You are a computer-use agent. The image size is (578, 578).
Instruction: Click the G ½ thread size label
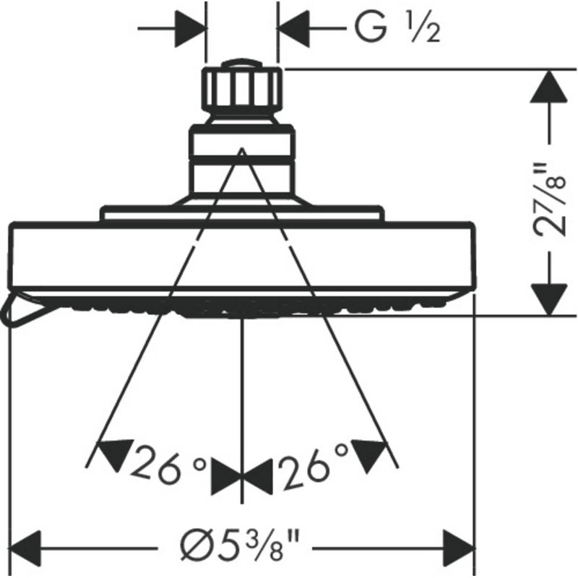[397, 28]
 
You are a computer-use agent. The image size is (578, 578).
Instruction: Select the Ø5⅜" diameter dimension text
[240, 548]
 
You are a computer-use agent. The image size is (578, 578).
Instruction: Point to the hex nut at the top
[242, 88]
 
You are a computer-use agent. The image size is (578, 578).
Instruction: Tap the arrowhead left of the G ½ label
[294, 28]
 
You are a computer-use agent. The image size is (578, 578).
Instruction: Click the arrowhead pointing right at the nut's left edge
[190, 28]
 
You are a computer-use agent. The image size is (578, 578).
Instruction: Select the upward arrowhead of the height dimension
[549, 87]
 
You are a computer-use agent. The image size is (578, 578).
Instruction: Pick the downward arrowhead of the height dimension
[549, 299]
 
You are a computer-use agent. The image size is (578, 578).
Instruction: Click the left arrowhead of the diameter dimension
[25, 548]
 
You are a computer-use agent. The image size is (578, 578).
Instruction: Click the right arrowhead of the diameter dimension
[459, 548]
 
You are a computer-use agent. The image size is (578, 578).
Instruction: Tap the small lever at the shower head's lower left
[26, 309]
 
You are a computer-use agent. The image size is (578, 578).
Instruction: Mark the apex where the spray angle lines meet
[242, 149]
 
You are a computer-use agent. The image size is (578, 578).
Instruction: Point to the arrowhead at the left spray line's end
[115, 455]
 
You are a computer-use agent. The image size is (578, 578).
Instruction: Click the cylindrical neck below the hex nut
[242, 160]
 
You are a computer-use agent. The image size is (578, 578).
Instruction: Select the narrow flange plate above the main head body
[242, 213]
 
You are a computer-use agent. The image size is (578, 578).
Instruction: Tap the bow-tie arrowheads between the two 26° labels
[241, 477]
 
